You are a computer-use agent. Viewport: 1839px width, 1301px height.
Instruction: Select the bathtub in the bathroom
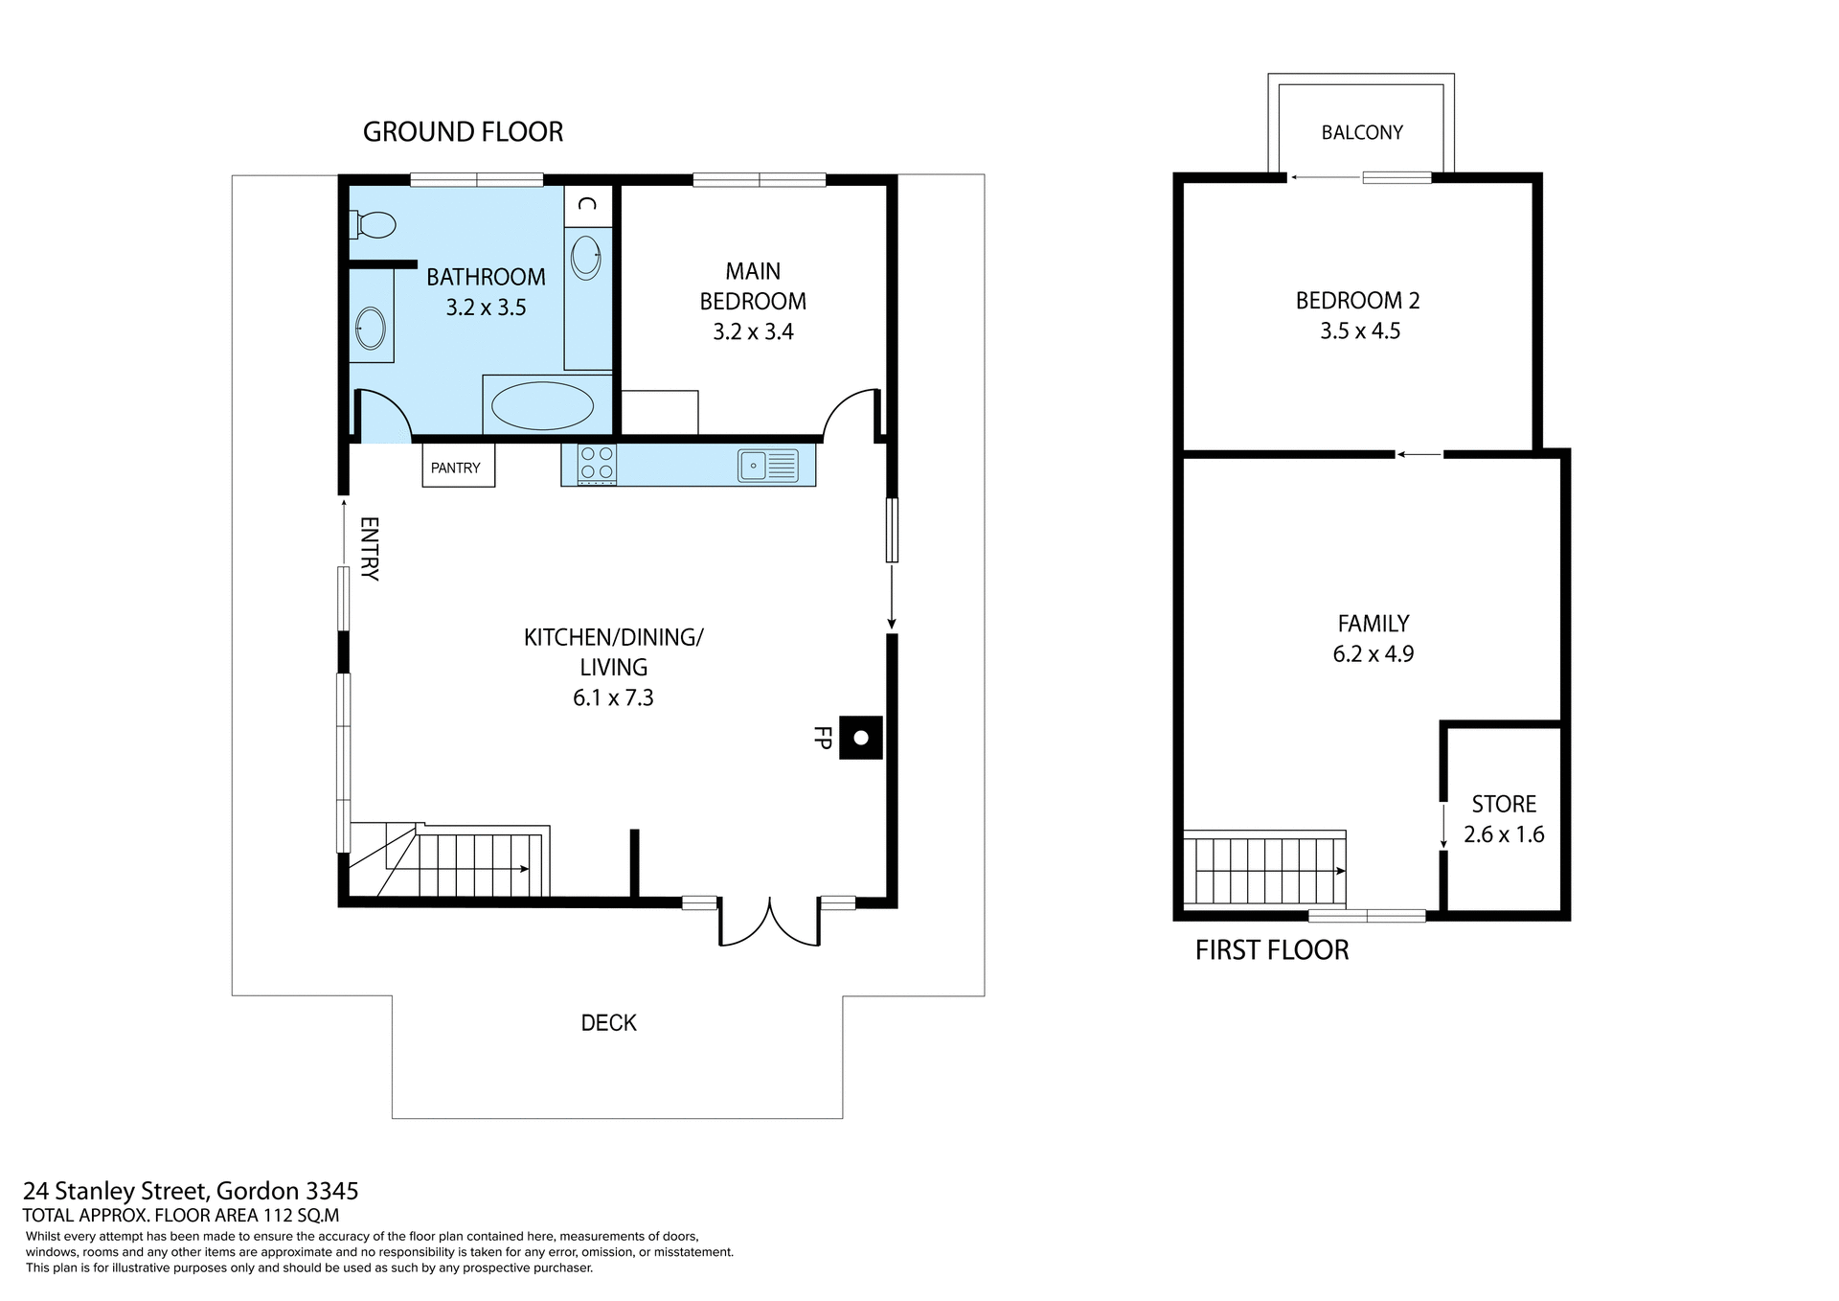tap(542, 406)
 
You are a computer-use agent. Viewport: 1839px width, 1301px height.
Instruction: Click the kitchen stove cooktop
tap(597, 464)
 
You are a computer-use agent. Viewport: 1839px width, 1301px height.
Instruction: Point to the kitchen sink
tap(767, 466)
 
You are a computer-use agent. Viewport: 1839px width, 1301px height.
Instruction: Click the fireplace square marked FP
tap(860, 738)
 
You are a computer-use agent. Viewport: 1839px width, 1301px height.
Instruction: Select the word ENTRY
tap(370, 549)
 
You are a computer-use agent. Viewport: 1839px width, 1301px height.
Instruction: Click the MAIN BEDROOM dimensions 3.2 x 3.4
tap(753, 331)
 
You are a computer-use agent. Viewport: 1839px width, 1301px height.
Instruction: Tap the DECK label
tap(608, 1022)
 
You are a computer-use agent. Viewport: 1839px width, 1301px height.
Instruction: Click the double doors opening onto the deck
tap(769, 922)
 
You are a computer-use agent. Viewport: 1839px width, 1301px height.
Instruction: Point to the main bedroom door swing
tap(851, 414)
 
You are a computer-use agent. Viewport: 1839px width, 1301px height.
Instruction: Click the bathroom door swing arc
tap(383, 416)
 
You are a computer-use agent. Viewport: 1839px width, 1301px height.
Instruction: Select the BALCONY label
tap(1361, 132)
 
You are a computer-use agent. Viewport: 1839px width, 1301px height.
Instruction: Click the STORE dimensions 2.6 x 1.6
tap(1503, 833)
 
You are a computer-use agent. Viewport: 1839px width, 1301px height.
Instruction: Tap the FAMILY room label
tap(1373, 623)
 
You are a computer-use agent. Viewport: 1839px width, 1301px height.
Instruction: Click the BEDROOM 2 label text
tap(1357, 300)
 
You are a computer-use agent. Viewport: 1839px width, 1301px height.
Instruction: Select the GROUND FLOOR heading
tap(463, 131)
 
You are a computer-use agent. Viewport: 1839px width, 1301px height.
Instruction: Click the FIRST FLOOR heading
tap(1271, 949)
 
